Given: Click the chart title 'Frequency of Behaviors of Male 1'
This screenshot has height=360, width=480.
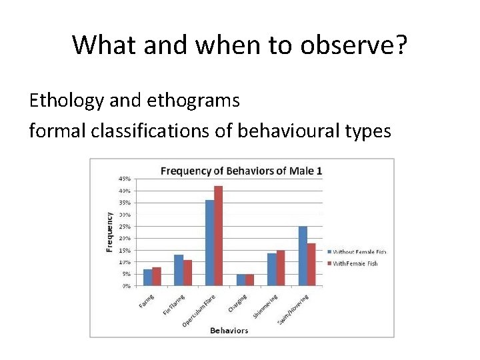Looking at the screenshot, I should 241,171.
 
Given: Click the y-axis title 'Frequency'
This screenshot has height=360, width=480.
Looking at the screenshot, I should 109,231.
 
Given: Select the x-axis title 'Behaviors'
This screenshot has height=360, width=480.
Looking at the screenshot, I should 229,330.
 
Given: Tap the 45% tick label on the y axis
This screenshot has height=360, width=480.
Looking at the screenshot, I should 125,179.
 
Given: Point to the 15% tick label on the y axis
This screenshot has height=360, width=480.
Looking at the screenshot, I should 125,250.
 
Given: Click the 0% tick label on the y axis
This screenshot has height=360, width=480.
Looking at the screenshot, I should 126,286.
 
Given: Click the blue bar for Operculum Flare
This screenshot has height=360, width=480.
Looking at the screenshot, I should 209,243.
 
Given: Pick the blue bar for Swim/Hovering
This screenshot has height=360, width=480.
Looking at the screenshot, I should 303,256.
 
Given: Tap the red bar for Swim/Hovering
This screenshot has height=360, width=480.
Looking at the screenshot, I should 311,265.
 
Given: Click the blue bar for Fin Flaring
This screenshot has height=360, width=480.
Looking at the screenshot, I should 178,270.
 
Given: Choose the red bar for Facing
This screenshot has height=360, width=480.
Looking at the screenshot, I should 157,276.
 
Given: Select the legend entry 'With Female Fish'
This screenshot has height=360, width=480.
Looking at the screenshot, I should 355,263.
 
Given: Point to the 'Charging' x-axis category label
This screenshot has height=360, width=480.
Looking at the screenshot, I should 238,303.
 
